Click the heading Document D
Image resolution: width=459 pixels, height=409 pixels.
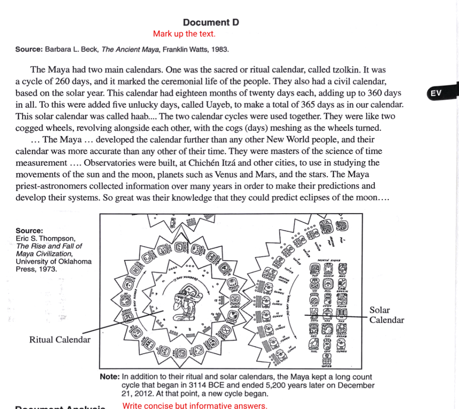pyautogui.click(x=210, y=22)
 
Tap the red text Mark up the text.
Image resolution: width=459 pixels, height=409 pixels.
pyautogui.click(x=184, y=34)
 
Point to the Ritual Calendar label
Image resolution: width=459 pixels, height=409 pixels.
pyautogui.click(x=60, y=340)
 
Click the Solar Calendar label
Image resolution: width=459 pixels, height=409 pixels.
pyautogui.click(x=386, y=315)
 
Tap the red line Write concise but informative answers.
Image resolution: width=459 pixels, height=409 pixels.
pyautogui.click(x=194, y=406)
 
